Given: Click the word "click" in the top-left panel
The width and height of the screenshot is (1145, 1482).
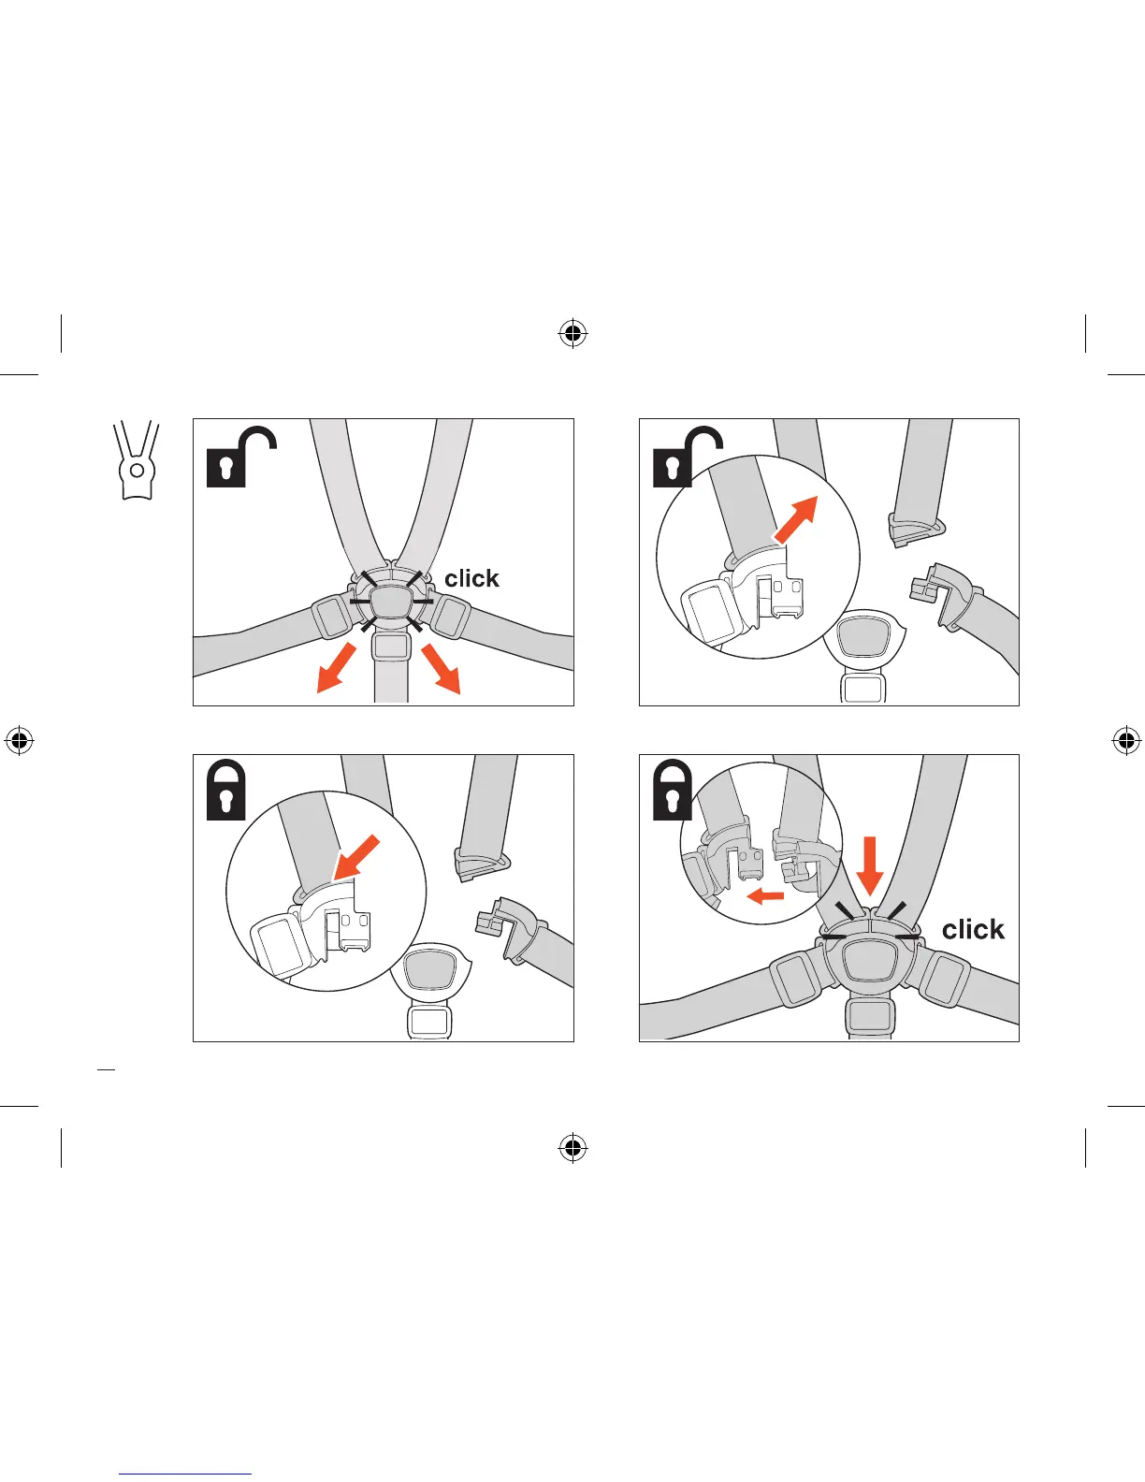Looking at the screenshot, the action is point(471,578).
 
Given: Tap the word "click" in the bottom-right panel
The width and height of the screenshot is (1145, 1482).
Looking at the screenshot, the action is point(973,929).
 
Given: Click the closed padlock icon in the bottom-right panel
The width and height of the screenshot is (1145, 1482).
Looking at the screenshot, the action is point(672,792).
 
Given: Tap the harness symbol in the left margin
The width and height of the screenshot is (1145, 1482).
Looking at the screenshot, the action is point(137,460).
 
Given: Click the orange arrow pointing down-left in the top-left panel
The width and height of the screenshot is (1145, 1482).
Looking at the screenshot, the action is point(336,668).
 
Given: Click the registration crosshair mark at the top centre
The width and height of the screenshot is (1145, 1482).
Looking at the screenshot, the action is point(572,333).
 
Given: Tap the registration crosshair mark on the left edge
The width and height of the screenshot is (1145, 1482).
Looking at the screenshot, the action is point(19,741).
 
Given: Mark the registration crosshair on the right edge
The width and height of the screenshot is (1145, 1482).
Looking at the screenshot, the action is point(1126,741).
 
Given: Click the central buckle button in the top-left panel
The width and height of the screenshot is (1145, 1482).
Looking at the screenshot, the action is point(392,600).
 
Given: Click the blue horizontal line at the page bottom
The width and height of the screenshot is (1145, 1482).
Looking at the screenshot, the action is point(185,1475).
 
